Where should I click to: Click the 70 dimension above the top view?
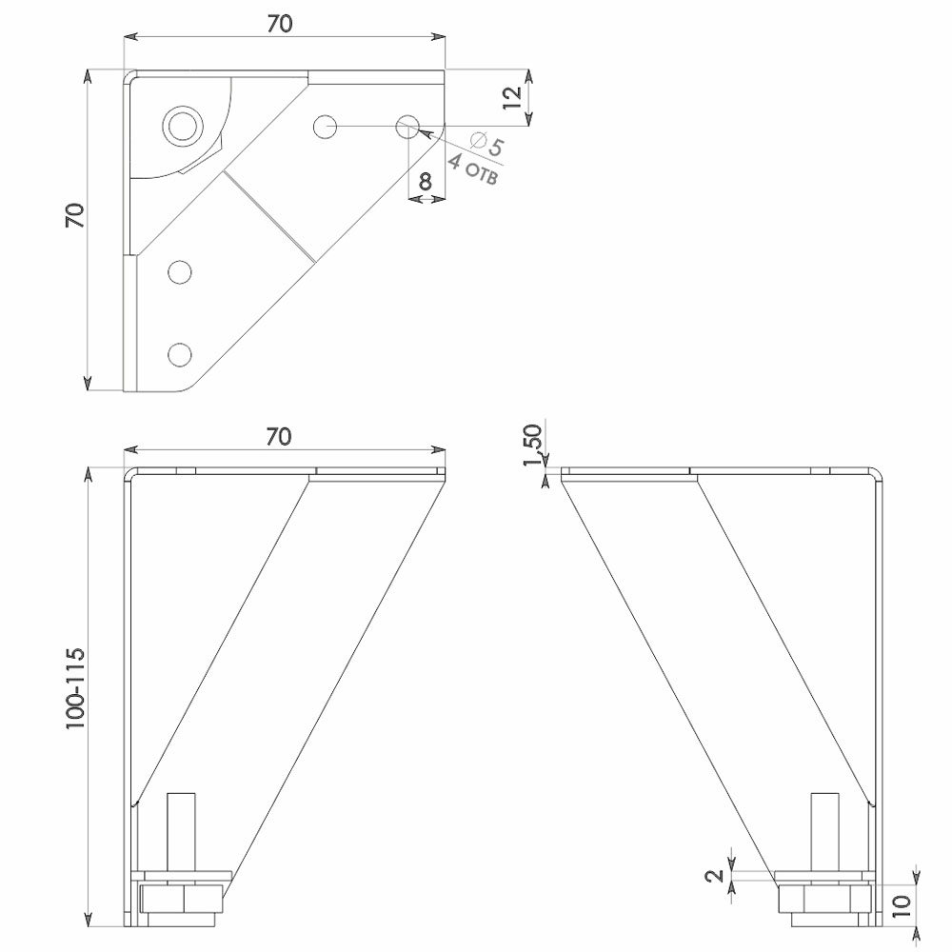coord(279,23)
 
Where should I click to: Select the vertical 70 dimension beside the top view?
coord(75,215)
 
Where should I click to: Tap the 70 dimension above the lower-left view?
coord(279,437)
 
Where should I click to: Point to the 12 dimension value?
coord(513,97)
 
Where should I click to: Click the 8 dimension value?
coord(426,180)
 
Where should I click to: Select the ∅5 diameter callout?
coord(487,144)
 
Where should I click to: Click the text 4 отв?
coord(473,169)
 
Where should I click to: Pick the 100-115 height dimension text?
coord(75,688)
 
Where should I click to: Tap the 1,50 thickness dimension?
coord(532,445)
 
